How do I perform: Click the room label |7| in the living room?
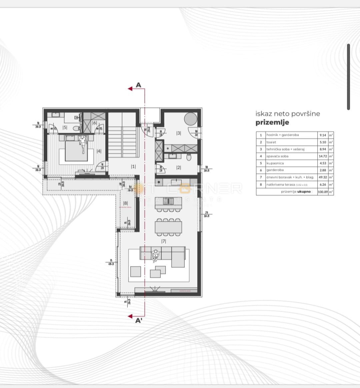click(x=163, y=241)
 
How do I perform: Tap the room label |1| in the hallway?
click(x=133, y=166)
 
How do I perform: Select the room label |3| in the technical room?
click(x=179, y=133)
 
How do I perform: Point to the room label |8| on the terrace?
click(x=126, y=203)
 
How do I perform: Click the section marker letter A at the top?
click(x=139, y=85)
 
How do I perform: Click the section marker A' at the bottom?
click(x=139, y=321)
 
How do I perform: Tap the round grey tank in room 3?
click(x=190, y=119)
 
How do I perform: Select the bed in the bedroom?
click(x=76, y=150)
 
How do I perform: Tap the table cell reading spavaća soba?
click(x=277, y=156)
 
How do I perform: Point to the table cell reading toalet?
click(x=271, y=142)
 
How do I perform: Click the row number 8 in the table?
click(x=261, y=184)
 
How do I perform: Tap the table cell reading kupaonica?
click(x=275, y=163)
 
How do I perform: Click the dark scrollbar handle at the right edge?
click(x=348, y=77)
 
